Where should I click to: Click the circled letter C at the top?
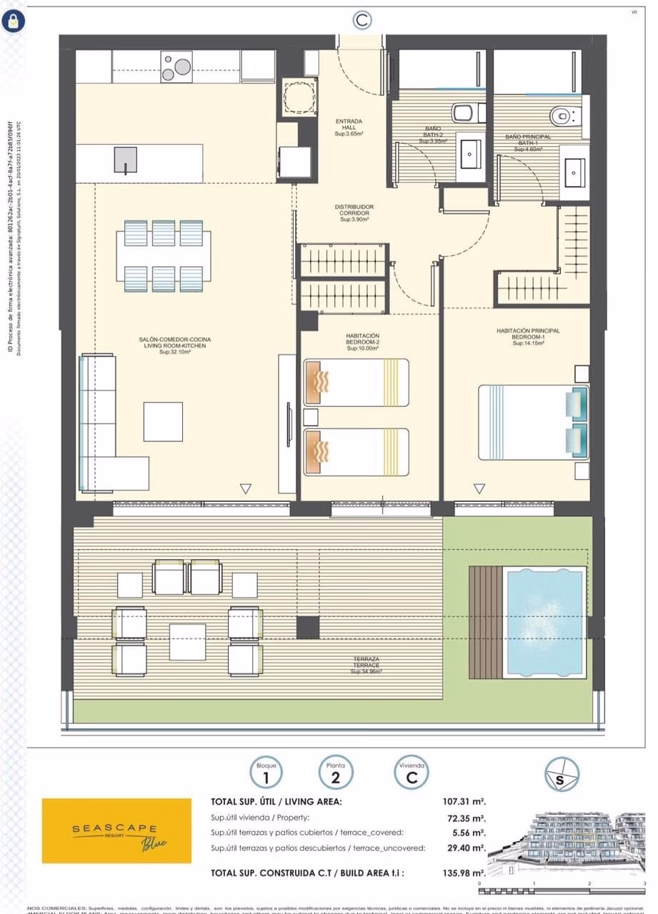tap(362, 20)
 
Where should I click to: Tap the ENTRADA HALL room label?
tap(349, 127)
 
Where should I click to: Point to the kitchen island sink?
tap(125, 160)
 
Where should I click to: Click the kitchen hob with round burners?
tap(176, 66)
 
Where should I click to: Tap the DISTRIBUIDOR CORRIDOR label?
tap(354, 213)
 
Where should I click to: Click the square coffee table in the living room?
tap(163, 421)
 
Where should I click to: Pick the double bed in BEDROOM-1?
tap(532, 422)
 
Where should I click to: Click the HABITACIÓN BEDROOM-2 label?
tap(363, 342)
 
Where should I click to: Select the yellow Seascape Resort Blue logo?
tap(116, 830)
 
